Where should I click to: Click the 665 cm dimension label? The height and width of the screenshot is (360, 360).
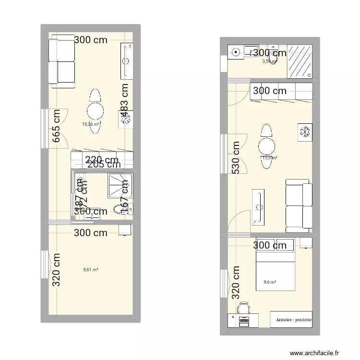click(x=57, y=128)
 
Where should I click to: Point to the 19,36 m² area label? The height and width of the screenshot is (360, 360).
click(x=90, y=124)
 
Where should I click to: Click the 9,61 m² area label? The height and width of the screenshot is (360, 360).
click(x=90, y=270)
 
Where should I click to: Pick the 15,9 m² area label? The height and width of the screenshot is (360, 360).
click(x=270, y=157)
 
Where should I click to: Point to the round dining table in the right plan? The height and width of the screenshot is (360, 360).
click(x=266, y=146)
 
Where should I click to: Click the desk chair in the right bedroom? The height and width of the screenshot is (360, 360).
click(x=244, y=307)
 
